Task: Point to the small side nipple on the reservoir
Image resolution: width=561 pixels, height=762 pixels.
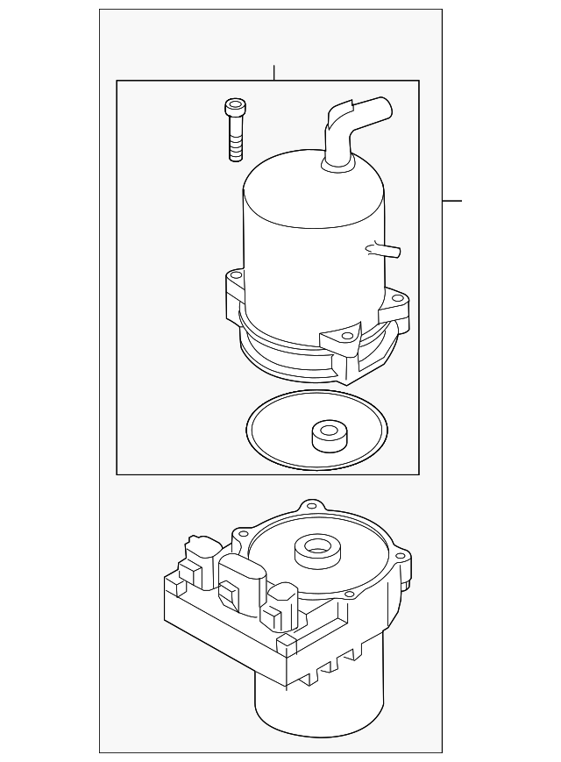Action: click(384, 250)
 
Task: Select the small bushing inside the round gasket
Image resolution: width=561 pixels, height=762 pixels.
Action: click(328, 432)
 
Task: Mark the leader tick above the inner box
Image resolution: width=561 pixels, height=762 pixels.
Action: click(274, 72)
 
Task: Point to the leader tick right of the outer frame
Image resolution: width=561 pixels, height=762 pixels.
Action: click(451, 201)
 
